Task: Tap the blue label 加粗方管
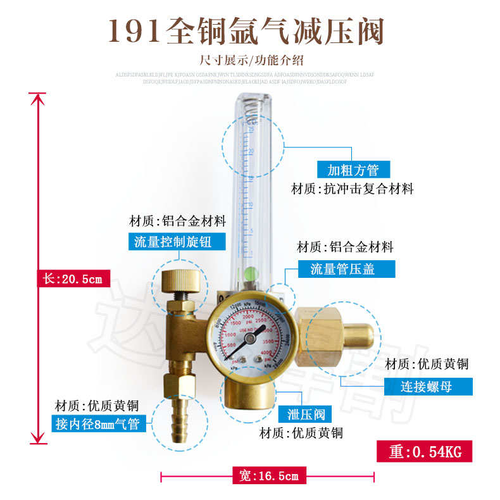click(353, 170)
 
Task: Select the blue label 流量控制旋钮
click(173, 241)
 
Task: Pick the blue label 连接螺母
click(428, 386)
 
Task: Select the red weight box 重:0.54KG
click(425, 452)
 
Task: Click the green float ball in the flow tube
click(251, 274)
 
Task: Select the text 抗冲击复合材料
click(369, 189)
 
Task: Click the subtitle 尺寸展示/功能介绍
click(251, 61)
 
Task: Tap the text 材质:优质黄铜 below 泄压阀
click(301, 434)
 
